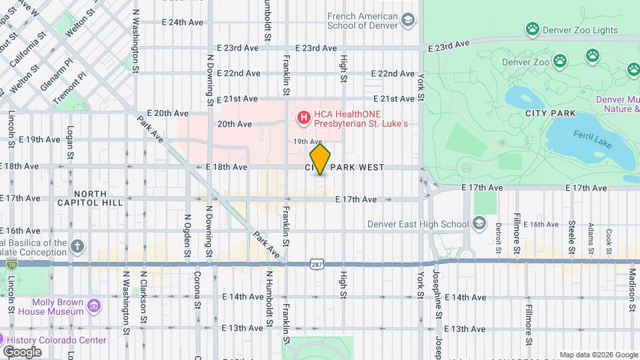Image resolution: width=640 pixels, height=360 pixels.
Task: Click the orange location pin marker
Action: (321, 159)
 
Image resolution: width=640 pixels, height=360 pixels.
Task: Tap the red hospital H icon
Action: (304, 118)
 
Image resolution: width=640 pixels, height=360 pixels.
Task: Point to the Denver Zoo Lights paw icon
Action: (532, 29)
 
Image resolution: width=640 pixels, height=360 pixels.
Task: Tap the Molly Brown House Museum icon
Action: (94, 306)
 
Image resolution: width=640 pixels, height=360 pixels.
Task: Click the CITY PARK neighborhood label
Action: (550, 113)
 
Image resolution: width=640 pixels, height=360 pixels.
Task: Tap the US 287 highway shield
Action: (316, 265)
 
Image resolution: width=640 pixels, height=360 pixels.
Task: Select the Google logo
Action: (22, 351)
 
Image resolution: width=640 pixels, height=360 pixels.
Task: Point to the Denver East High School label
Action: (417, 224)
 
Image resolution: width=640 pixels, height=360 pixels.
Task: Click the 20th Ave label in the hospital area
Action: (234, 123)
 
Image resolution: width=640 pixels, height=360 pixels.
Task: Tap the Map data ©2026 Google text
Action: (598, 355)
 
